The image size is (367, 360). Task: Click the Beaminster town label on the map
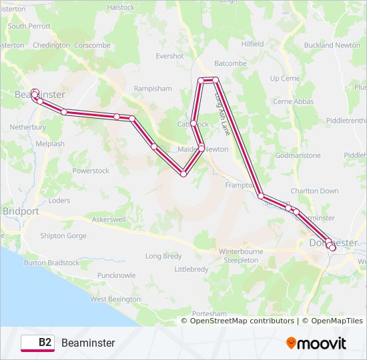40,95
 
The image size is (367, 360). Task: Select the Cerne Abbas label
294,101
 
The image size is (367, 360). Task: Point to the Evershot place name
169,57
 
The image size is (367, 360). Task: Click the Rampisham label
152,88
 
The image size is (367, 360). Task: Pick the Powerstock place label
91,171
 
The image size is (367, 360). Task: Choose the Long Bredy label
163,256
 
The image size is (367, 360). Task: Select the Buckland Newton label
332,45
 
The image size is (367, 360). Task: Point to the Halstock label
121,7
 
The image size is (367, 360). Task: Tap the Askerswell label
113,219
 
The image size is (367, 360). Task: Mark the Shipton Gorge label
63,235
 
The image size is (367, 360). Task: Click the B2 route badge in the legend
38,343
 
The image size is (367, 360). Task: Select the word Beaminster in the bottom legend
88,343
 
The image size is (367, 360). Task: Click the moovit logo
316,343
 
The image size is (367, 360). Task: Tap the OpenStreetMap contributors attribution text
242,321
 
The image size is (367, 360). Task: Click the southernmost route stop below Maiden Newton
183,174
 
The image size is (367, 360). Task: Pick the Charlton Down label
314,191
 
